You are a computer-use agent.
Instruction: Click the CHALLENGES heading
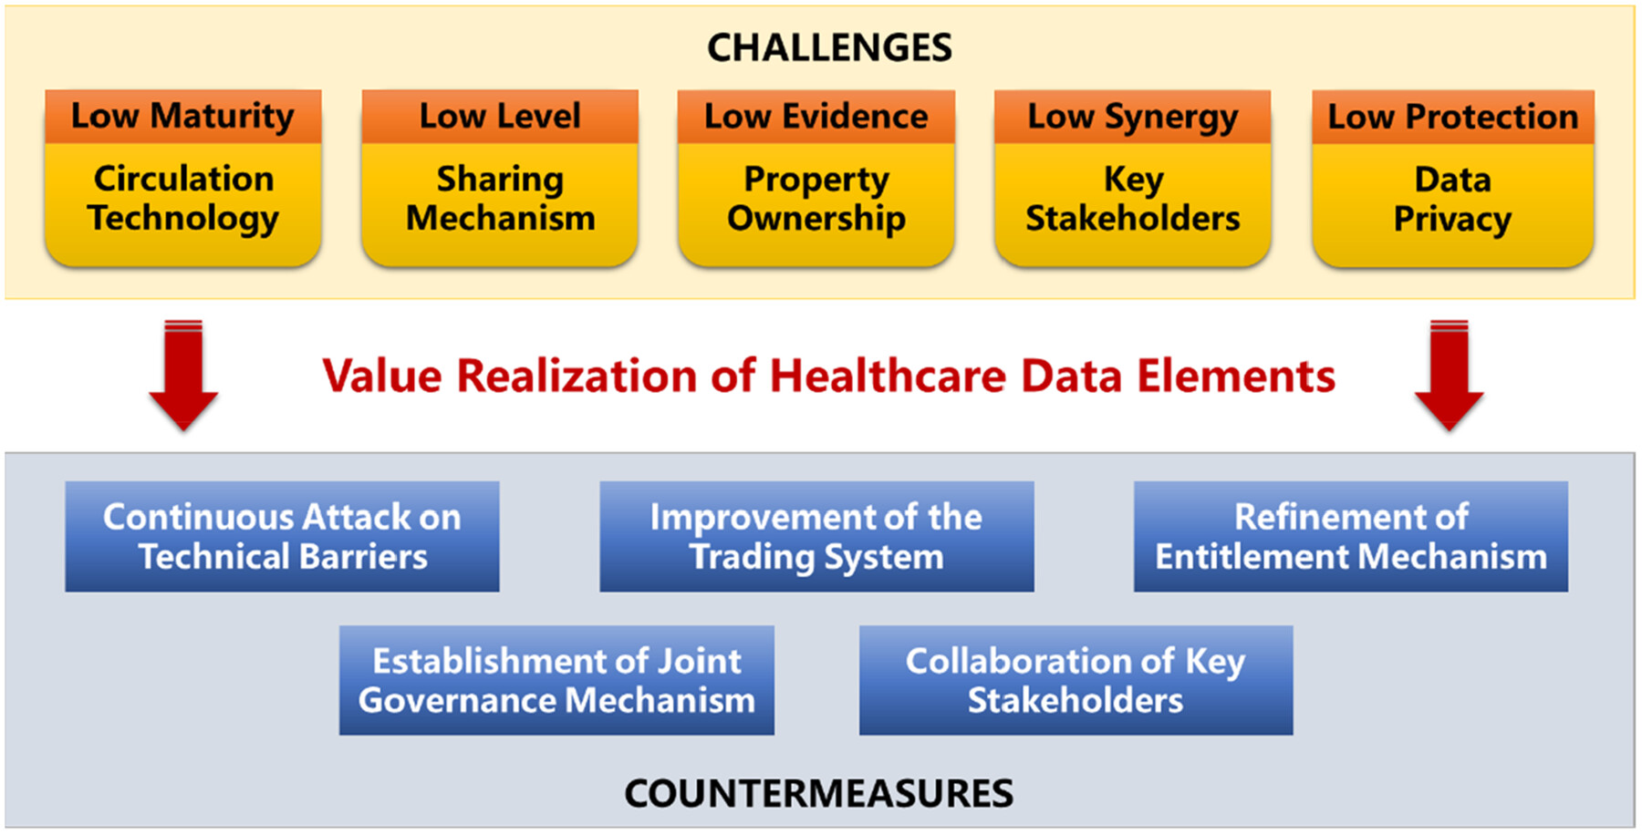(x=829, y=47)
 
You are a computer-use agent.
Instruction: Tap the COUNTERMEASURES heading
(x=818, y=793)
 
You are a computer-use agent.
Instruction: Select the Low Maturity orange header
(x=183, y=117)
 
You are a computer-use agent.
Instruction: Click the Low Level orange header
(x=500, y=117)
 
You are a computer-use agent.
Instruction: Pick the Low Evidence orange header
(x=816, y=117)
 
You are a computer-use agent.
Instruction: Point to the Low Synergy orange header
(x=1133, y=117)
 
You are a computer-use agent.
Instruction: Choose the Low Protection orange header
(x=1453, y=117)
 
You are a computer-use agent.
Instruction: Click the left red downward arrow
(x=183, y=375)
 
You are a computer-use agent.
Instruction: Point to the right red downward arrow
(x=1450, y=375)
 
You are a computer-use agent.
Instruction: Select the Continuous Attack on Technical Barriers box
(x=282, y=537)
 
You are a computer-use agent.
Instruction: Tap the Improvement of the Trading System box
(x=816, y=537)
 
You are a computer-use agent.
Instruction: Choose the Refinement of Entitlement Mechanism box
(x=1351, y=537)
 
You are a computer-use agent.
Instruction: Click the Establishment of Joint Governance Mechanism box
(x=556, y=680)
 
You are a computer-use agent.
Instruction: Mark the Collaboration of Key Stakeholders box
(x=1076, y=680)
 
